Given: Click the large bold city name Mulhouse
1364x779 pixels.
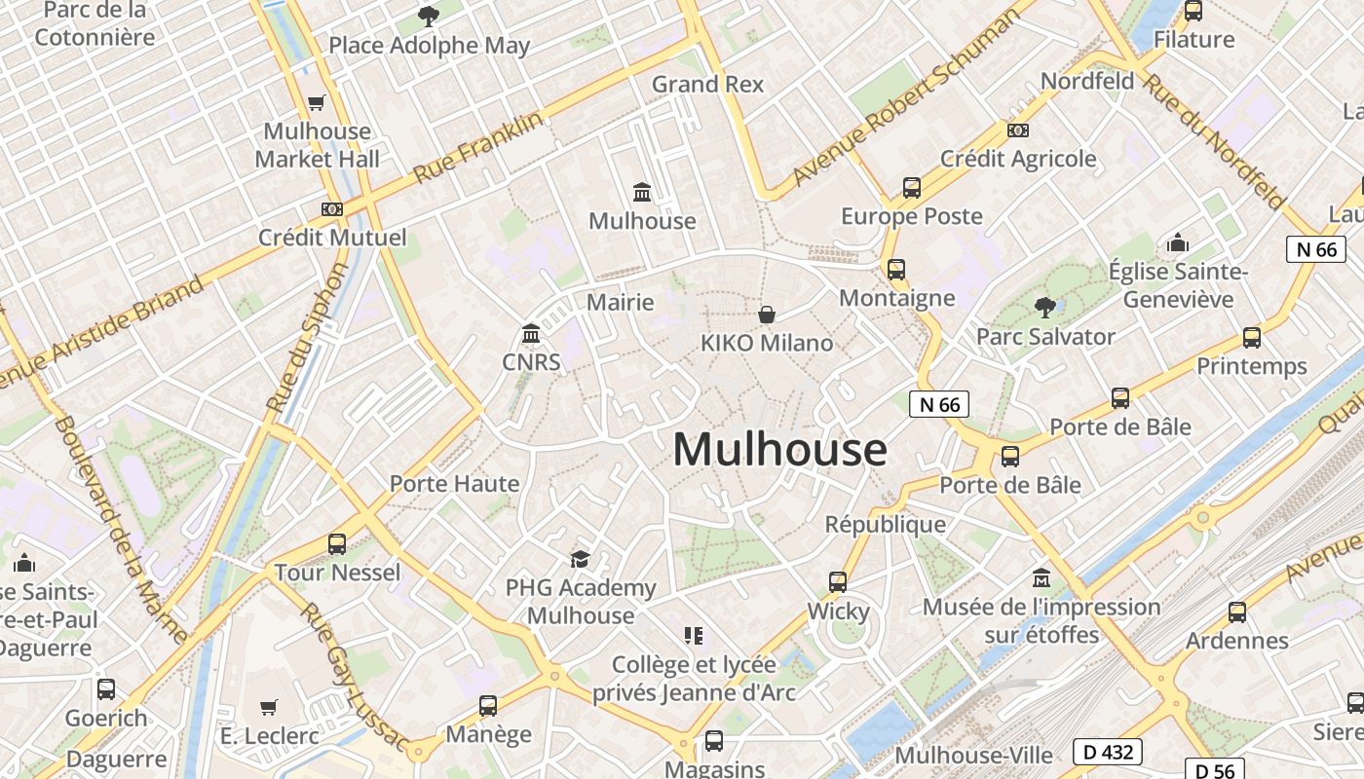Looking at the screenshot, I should tap(779, 450).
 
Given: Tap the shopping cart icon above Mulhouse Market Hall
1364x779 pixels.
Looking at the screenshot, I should tap(317, 102).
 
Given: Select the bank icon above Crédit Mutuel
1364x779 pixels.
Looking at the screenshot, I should tap(332, 209).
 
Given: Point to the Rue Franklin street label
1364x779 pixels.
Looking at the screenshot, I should tap(477, 148).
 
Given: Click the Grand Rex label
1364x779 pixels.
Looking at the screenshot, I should tap(707, 84).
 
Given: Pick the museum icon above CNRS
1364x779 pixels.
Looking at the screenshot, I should tap(531, 335).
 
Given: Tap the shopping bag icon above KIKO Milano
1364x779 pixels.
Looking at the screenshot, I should tap(767, 315).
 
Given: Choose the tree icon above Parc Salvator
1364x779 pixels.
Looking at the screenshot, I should tap(1044, 308).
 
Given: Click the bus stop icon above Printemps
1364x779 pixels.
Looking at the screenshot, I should tap(1252, 338).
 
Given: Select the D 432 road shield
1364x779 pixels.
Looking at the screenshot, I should tap(1107, 752).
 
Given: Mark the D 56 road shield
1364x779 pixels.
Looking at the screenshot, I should tap(1215, 770).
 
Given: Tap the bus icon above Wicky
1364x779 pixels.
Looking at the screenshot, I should tap(838, 582).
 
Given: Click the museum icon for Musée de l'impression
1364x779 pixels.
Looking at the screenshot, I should tap(1041, 577).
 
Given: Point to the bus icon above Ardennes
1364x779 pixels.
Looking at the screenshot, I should tap(1237, 612).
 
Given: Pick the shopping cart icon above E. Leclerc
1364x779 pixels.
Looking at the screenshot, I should tap(269, 707).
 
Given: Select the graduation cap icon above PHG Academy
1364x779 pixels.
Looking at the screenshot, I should tap(581, 559).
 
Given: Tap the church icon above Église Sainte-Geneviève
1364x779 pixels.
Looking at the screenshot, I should tap(1177, 242).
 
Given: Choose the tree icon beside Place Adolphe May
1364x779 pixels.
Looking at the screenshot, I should tap(428, 16).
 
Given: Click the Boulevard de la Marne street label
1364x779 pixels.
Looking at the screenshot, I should tap(122, 531).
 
